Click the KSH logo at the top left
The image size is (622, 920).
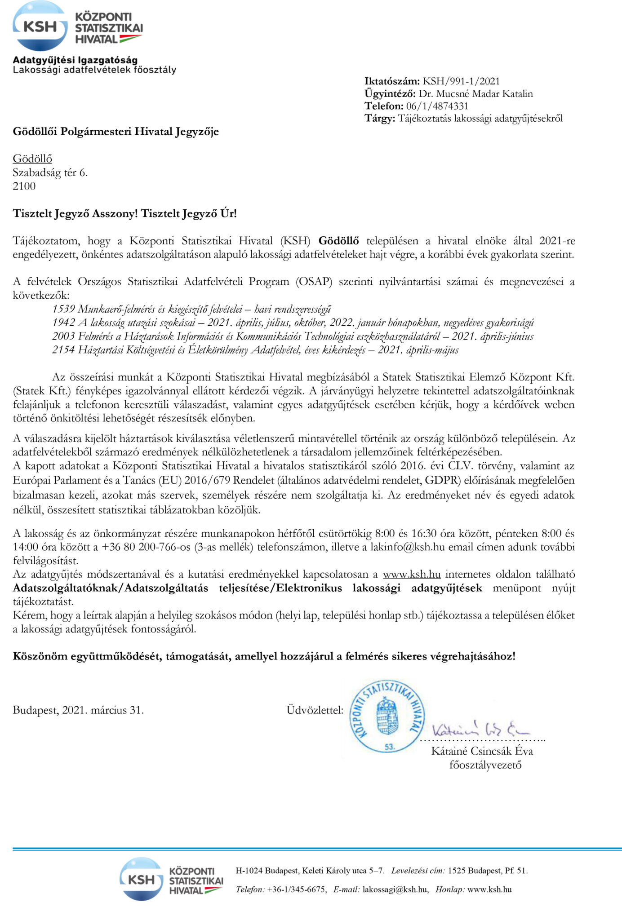tap(77, 27)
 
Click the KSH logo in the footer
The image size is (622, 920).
tap(171, 879)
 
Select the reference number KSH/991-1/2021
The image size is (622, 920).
tap(461, 81)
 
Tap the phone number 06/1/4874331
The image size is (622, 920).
tap(437, 106)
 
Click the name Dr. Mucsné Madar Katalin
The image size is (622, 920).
tap(476, 94)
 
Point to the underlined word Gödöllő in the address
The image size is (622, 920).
tap(32, 159)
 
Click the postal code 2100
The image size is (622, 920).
tap(24, 186)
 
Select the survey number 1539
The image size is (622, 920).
tap(63, 309)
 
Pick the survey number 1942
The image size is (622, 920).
tap(63, 323)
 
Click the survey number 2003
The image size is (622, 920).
tap(63, 336)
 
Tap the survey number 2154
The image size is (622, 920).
tap(63, 350)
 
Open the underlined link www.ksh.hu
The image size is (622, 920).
tap(411, 575)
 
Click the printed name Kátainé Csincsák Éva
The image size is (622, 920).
tap(482, 751)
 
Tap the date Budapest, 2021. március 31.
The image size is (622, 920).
tap(78, 710)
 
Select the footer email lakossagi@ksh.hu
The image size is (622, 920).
tap(395, 889)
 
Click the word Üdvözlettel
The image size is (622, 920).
tap(315, 710)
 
